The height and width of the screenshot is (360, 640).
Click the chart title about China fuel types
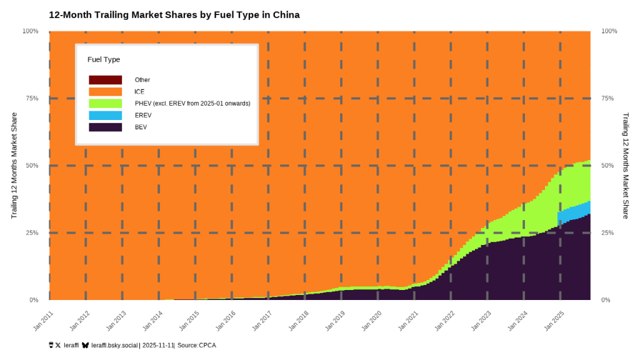[174, 14]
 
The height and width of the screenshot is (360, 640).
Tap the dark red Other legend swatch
[105, 80]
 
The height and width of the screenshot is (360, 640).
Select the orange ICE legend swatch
[105, 92]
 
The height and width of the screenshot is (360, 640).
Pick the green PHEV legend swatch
[105, 103]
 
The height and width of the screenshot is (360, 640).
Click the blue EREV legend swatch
[105, 115]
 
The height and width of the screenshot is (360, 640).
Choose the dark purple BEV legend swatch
[105, 127]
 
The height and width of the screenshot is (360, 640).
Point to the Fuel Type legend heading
[104, 59]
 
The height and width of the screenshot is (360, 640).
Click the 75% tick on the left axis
[31, 98]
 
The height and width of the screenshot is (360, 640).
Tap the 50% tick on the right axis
[609, 166]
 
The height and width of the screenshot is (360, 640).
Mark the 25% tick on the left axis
[31, 232]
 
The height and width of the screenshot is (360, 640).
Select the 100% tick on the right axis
[609, 31]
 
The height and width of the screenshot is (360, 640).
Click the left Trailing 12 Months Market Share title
[14, 166]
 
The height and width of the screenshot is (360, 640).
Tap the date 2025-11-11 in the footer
[158, 345]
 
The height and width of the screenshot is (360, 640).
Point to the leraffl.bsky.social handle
[114, 345]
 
